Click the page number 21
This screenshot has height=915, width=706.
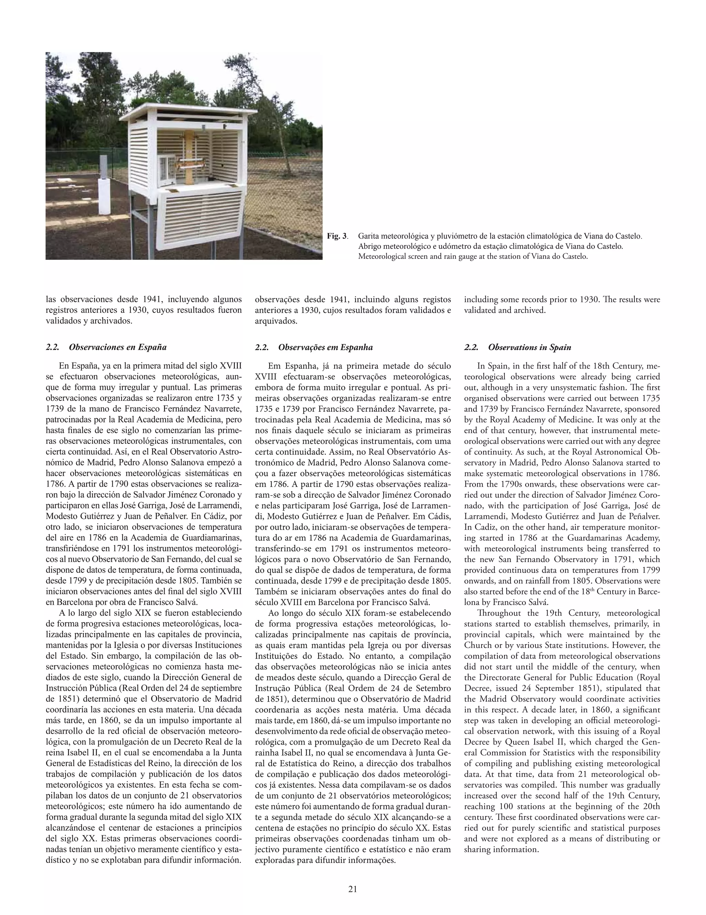[352, 889]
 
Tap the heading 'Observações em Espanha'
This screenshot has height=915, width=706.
[325, 347]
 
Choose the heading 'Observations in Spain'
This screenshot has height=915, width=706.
[529, 347]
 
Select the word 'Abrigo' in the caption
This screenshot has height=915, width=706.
[369, 246]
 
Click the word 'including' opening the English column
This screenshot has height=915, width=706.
[478, 299]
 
